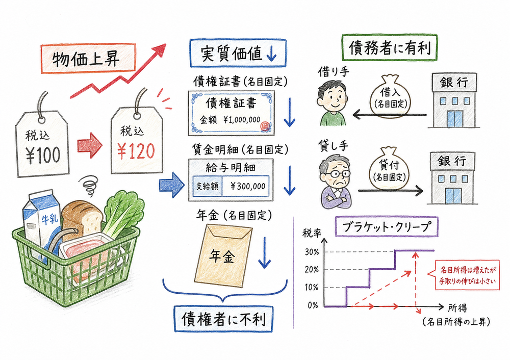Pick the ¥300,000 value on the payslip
tap(247, 187)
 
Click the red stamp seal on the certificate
tap(264, 125)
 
